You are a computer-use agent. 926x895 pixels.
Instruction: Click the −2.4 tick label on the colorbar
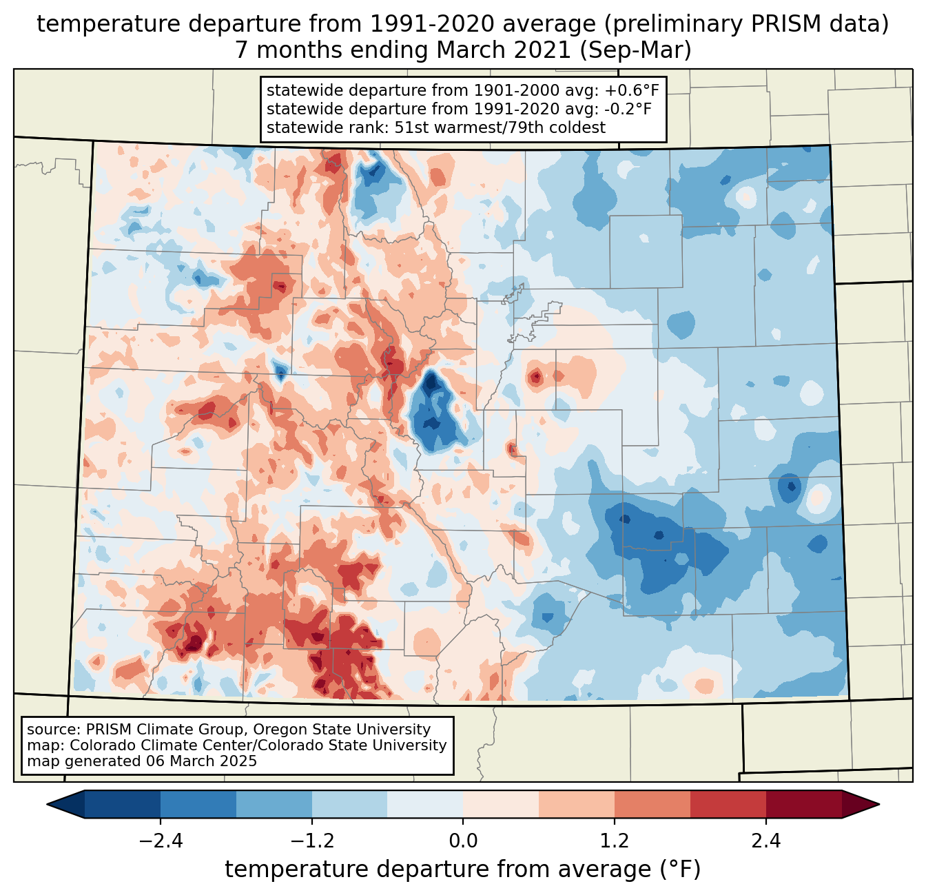161,841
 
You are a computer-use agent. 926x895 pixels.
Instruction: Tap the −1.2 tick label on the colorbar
312,841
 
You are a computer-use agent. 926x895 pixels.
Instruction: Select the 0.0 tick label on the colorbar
463,841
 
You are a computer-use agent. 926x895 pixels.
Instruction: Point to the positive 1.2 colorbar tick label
615,841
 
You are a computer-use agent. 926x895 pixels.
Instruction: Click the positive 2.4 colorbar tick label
765,841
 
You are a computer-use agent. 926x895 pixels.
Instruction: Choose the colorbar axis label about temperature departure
463,870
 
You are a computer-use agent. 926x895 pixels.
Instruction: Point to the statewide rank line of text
435,127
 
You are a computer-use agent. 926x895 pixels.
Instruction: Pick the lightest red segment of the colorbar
501,804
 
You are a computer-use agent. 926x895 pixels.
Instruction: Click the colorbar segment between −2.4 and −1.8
198,804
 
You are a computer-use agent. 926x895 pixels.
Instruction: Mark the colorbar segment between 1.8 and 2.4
728,804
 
